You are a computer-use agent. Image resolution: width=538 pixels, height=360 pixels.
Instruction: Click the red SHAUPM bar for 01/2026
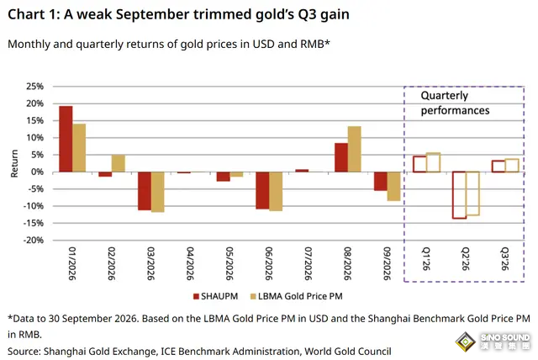pyautogui.click(x=66, y=139)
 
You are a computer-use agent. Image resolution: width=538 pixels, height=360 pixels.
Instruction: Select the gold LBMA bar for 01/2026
pyautogui.click(x=79, y=148)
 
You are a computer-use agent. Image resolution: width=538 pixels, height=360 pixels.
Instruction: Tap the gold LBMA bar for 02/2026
pyautogui.click(x=118, y=163)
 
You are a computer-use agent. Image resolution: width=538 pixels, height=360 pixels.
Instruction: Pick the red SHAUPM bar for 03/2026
pyautogui.click(x=144, y=191)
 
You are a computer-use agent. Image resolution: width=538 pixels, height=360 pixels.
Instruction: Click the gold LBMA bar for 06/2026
pyautogui.click(x=276, y=191)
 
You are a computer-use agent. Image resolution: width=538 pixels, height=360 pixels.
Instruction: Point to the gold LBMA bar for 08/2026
pyautogui.click(x=354, y=149)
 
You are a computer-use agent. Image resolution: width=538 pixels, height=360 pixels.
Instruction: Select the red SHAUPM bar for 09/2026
pyautogui.click(x=381, y=181)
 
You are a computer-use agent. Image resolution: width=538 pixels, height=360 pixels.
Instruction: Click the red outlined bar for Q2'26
pyautogui.click(x=459, y=195)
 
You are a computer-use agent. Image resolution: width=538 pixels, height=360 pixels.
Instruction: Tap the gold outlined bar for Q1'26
pyautogui.click(x=433, y=162)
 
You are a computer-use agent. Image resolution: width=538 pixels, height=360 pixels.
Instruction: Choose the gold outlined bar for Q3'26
pyautogui.click(x=512, y=166)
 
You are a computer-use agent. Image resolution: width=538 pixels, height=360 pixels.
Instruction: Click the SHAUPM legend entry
pyautogui.click(x=215, y=296)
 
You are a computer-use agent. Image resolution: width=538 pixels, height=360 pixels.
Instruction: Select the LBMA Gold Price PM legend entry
pyautogui.click(x=297, y=296)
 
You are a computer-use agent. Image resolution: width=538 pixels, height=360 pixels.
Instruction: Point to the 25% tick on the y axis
pyautogui.click(x=35, y=86)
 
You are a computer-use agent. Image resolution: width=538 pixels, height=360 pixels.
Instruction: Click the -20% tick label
pyautogui.click(x=34, y=241)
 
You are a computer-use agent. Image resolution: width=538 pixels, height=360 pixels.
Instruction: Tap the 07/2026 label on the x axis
pyautogui.click(x=309, y=263)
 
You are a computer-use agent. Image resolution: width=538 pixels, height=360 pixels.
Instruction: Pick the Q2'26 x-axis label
pyautogui.click(x=465, y=259)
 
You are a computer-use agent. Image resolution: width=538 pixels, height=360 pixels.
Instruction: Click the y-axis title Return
pyautogui.click(x=14, y=163)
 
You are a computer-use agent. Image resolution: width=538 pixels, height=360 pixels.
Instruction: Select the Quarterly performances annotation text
pyautogui.click(x=455, y=103)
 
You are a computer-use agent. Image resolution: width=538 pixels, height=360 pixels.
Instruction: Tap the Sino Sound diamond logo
pyautogui.click(x=465, y=341)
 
